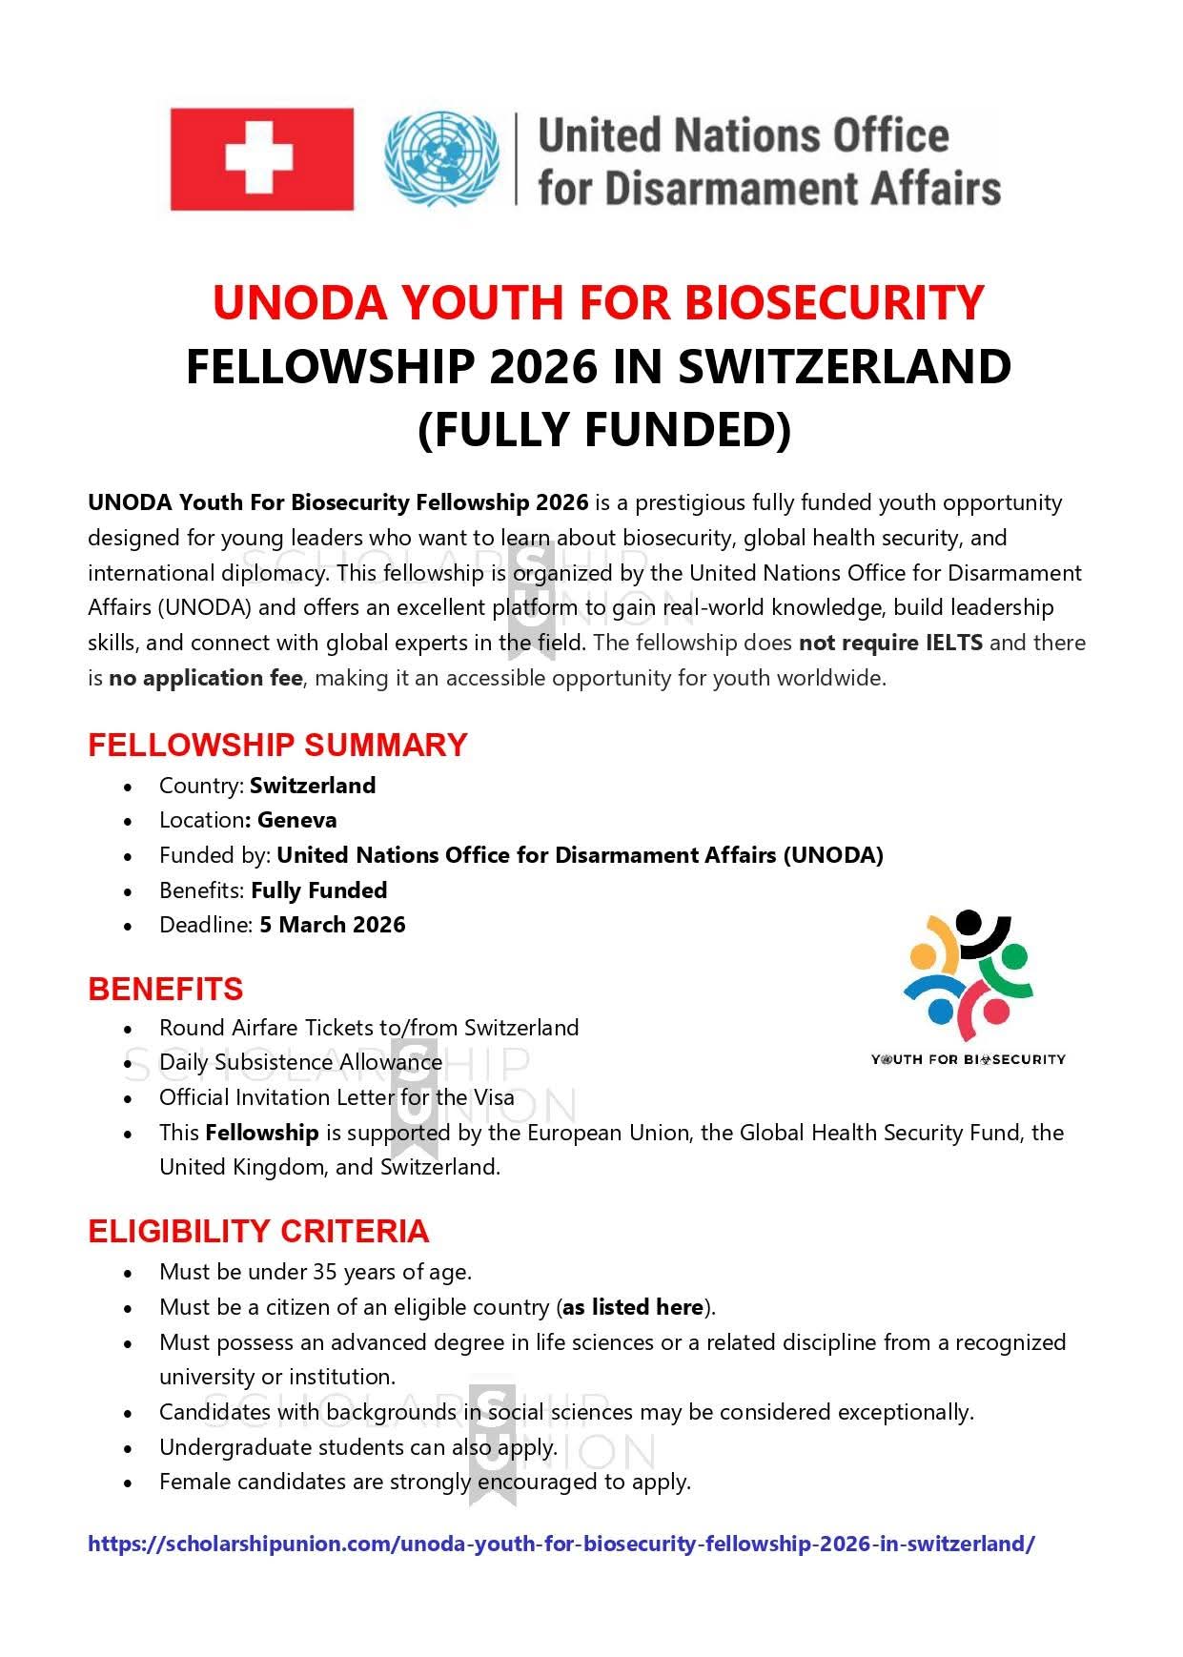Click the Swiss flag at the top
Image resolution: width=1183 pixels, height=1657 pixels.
(261, 159)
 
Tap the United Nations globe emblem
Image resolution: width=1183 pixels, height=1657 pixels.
(441, 159)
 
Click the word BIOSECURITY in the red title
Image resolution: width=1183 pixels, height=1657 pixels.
(834, 303)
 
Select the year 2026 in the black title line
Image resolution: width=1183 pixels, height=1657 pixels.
(542, 367)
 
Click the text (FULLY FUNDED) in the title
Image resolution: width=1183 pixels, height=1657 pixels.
(604, 429)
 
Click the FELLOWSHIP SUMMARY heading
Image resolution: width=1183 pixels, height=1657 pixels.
(277, 745)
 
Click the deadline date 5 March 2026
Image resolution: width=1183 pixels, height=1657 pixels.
(332, 925)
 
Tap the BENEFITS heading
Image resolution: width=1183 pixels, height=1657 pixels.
(165, 990)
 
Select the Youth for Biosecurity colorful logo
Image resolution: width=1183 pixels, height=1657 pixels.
(968, 977)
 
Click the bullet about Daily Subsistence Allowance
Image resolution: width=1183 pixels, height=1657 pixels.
(300, 1062)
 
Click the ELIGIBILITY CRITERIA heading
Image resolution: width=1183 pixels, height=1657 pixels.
(258, 1232)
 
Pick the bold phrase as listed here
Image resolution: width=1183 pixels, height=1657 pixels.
(632, 1307)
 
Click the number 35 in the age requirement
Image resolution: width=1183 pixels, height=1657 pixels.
(324, 1272)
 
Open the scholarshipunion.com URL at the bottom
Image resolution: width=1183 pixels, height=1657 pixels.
(561, 1544)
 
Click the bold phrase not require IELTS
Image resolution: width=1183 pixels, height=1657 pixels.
(890, 643)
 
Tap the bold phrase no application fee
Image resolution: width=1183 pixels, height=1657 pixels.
(205, 678)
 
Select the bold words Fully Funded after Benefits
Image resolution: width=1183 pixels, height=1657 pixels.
(318, 890)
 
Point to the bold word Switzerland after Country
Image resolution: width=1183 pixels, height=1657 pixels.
(313, 786)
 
